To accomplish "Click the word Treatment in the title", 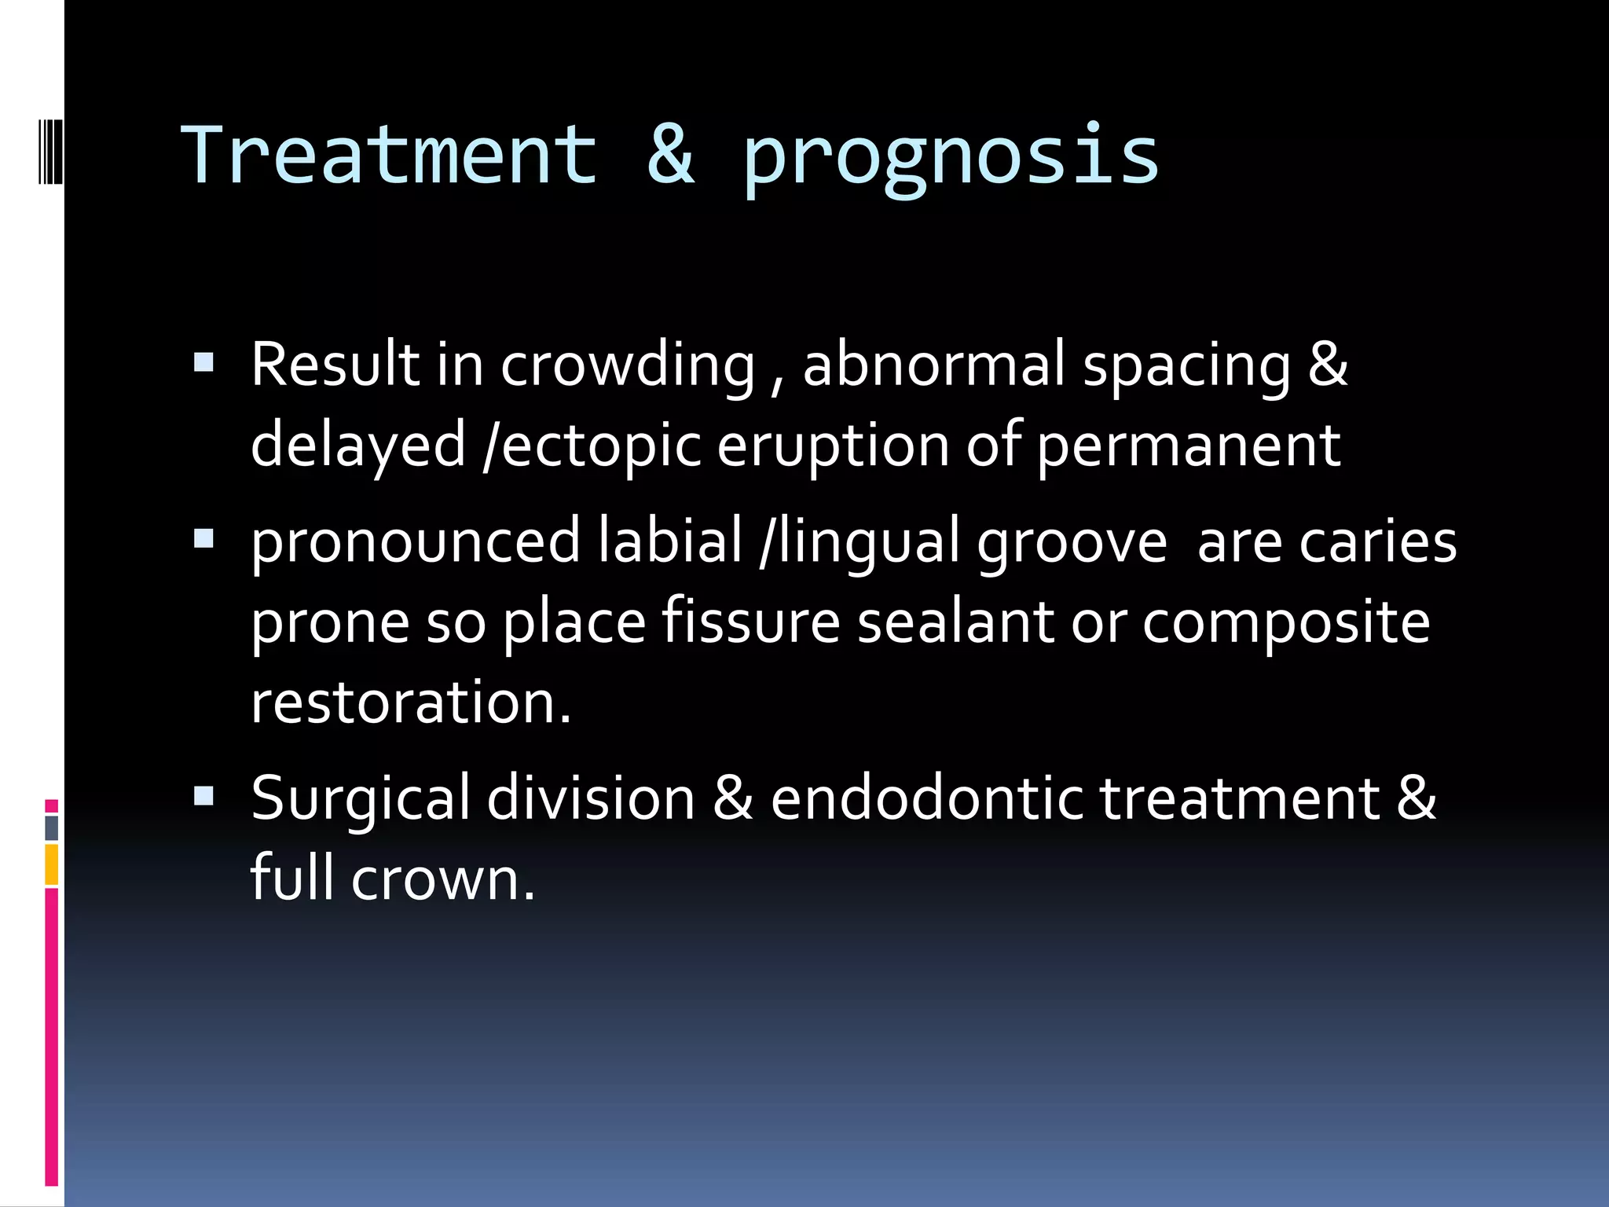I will [x=390, y=156].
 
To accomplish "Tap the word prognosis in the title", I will [x=951, y=157].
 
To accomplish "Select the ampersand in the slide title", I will [x=670, y=156].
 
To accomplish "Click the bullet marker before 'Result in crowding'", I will [x=203, y=362].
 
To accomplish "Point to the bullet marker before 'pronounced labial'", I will [x=203, y=539].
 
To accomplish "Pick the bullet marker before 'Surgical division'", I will [x=203, y=797].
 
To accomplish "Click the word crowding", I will [x=628, y=366].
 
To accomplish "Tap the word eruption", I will [x=833, y=446].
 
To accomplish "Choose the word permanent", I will [x=1188, y=446].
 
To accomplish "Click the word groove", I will [x=1072, y=542].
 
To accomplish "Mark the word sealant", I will [x=955, y=622].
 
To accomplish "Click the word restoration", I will [x=410, y=702].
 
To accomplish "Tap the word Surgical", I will [x=361, y=799].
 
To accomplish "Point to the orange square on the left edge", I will [x=51, y=864].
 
